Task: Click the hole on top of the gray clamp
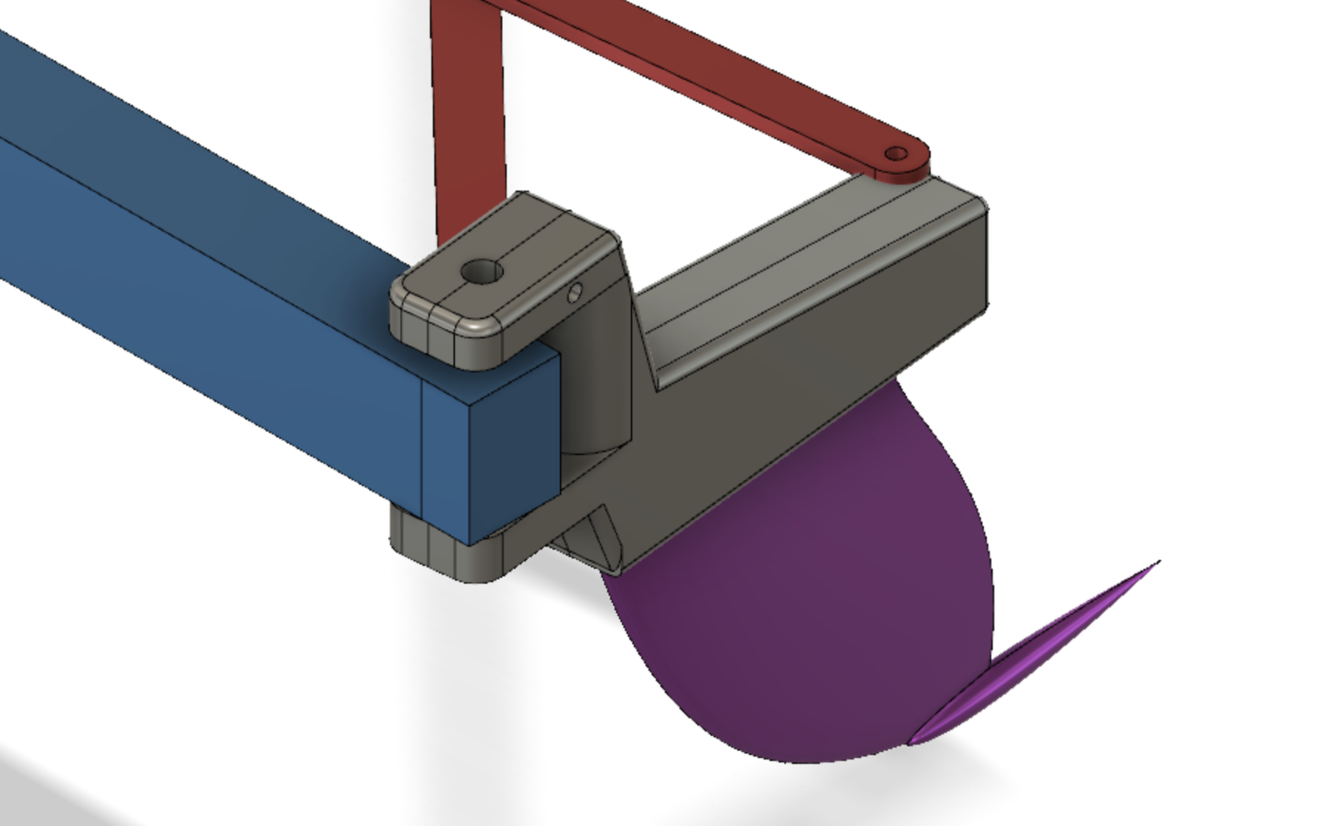[x=482, y=272]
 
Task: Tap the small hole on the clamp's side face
[x=575, y=293]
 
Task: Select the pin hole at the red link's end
[x=896, y=154]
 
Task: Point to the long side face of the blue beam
[x=222, y=296]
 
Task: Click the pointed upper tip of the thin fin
[x=1157, y=564]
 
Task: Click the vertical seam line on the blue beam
[x=422, y=443]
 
